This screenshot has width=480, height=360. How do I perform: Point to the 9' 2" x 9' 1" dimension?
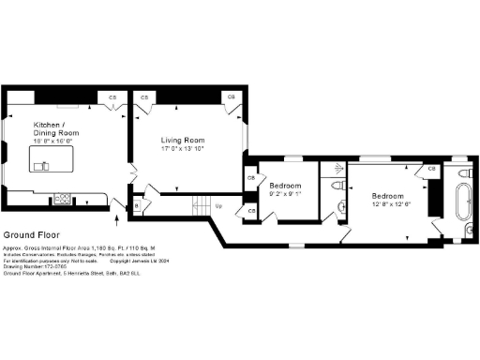pyautogui.click(x=285, y=194)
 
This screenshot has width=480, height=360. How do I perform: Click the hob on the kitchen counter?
pyautogui.click(x=64, y=198)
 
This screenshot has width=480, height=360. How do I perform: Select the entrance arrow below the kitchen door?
pyautogui.click(x=116, y=219)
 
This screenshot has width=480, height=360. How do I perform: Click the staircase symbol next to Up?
pyautogui.click(x=201, y=204)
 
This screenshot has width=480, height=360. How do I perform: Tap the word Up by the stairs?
pyautogui.click(x=218, y=205)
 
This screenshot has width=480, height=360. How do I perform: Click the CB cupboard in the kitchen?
pyautogui.click(x=112, y=97)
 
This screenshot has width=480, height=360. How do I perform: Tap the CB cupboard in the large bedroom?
pyautogui.click(x=432, y=170)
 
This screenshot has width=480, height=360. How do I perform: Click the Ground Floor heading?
pyautogui.click(x=27, y=234)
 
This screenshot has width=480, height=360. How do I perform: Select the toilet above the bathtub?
pyautogui.click(x=463, y=175)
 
